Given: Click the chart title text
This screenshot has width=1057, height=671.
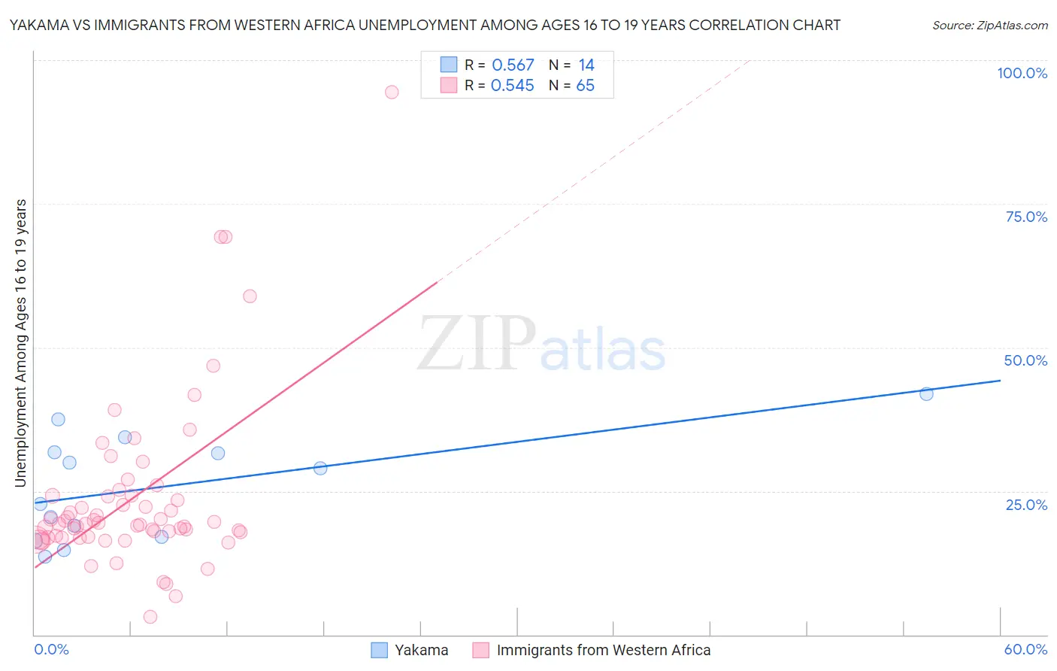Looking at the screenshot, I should (x=425, y=25).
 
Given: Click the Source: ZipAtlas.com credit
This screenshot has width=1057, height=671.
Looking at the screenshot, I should (x=989, y=25).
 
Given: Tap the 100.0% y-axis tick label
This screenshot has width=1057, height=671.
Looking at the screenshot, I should (x=1022, y=73).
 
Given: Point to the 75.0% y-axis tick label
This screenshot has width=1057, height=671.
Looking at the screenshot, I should (x=1026, y=217).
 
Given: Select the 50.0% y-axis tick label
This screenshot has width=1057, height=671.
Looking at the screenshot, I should (x=1025, y=360).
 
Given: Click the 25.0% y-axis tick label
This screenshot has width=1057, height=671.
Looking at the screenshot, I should (x=1026, y=504).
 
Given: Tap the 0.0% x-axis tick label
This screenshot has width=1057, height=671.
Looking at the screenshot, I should (x=51, y=649).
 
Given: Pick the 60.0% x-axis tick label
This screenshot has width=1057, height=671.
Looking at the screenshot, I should (x=1025, y=649).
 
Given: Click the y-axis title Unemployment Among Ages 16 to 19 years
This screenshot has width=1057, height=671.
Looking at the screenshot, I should (x=21, y=343).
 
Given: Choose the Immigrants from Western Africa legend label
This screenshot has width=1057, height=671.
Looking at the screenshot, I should (x=603, y=650).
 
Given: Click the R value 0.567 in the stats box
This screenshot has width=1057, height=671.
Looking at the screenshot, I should (x=513, y=65).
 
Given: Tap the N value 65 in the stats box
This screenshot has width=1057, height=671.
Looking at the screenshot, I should (x=585, y=86).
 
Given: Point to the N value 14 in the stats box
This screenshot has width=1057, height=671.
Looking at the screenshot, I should (x=586, y=65).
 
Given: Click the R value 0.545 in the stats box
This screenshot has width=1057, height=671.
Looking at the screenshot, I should (x=512, y=86).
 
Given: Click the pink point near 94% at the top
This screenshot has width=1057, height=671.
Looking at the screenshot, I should (x=392, y=93).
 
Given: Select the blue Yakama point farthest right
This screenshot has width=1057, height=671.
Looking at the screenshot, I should (x=926, y=393).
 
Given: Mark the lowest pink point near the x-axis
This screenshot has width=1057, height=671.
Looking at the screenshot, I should (x=150, y=617).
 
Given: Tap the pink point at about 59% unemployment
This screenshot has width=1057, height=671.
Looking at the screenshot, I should (x=250, y=296).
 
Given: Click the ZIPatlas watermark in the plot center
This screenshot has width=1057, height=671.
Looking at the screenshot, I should (x=541, y=344).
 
